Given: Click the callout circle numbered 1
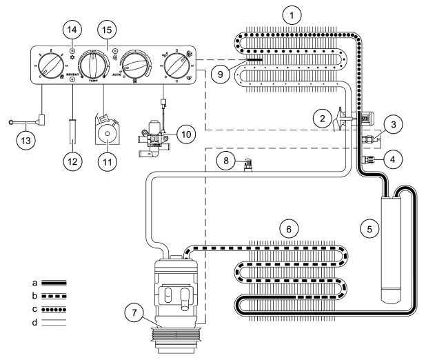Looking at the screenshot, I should (x=295, y=14).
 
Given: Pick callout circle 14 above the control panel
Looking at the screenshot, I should (x=72, y=29).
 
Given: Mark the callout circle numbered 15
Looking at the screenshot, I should (x=108, y=31).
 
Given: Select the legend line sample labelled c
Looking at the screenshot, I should (x=45, y=311).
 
